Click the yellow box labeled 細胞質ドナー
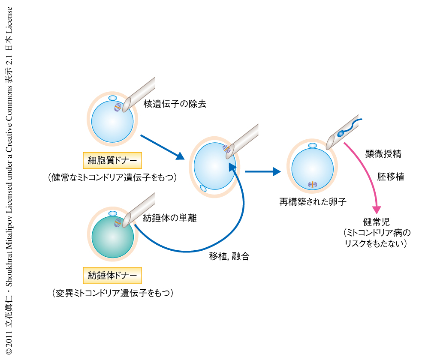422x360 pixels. coord(112,161)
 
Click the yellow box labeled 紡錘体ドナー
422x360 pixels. coord(112,274)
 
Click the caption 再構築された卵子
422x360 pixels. coord(313,202)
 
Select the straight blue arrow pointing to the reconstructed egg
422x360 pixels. coord(262,172)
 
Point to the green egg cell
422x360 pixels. coord(112,237)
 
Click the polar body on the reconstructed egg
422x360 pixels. coord(313,146)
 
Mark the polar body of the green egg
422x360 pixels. coord(112,213)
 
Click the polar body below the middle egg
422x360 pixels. coord(203,187)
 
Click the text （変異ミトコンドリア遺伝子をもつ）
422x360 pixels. coord(112,293)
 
